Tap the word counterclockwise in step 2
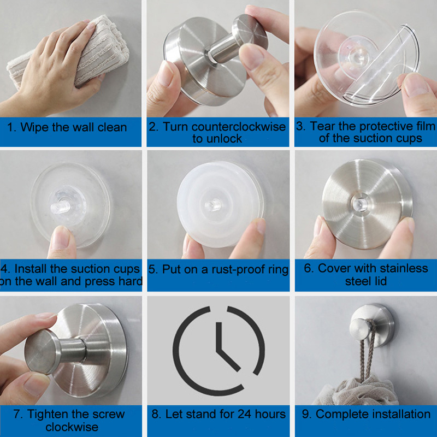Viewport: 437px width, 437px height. [239, 127]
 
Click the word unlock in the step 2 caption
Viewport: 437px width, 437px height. [225, 139]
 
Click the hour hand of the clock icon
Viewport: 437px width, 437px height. [220, 336]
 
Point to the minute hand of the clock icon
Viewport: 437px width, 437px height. [228, 359]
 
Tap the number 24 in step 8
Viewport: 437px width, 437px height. [244, 414]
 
